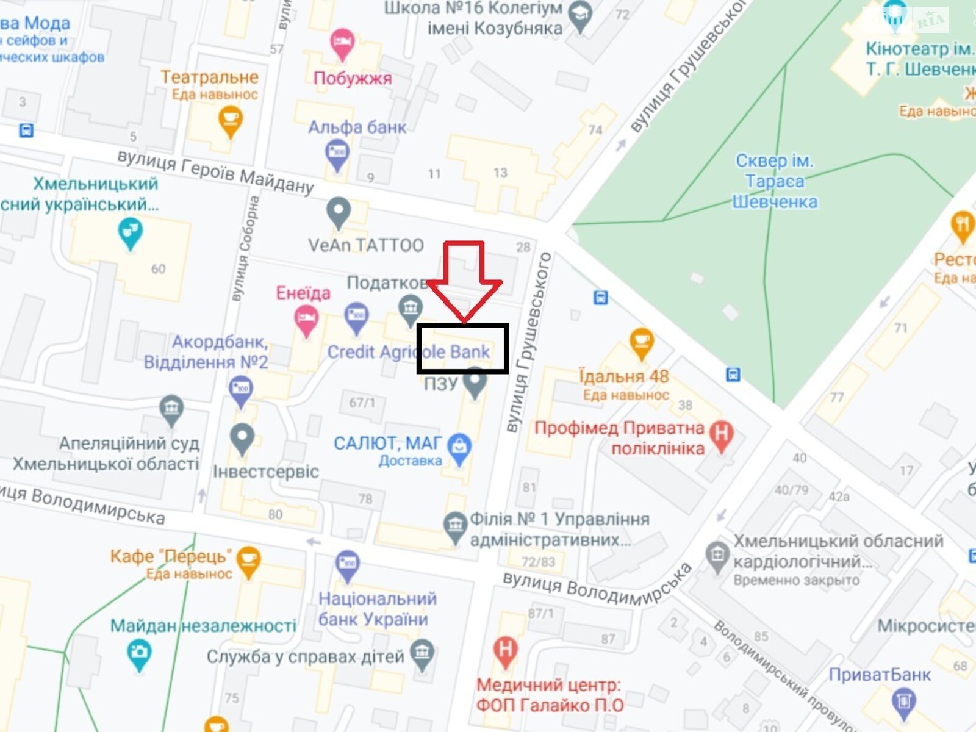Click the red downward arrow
464,281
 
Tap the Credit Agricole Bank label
408,352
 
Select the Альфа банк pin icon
337,154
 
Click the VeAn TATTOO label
365,245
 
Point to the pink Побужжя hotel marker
342,44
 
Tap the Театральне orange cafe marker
230,120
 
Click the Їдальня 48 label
623,376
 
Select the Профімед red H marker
722,435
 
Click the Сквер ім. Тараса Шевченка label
774,181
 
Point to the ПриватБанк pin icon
903,702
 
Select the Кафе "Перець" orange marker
248,560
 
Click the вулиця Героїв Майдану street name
215,172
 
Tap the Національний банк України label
377,609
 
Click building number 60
158,269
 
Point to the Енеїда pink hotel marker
306,320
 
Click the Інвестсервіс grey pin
242,437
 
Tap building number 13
500,173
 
